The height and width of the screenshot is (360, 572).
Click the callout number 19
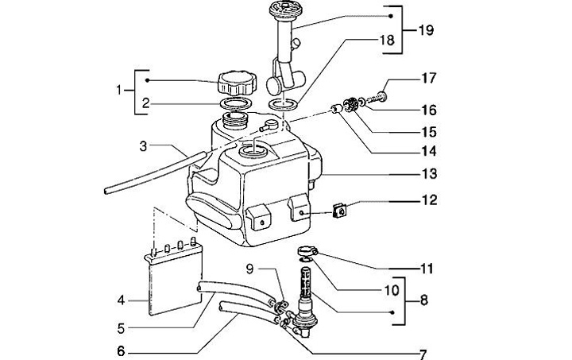point(426,30)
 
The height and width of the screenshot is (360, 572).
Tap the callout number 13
point(429,173)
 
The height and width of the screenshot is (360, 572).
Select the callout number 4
point(121,300)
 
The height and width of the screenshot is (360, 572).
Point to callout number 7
point(423,354)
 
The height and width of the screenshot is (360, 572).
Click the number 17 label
point(429,78)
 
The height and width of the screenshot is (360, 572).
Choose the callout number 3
point(143,147)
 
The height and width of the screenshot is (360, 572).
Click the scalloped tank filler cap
point(237,83)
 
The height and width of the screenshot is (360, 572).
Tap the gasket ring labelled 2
point(236,103)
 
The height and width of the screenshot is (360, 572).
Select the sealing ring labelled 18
point(283,104)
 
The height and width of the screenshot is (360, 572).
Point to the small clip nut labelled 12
point(340,211)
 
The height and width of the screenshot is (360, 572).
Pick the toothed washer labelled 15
point(350,103)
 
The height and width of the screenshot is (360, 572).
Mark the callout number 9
point(250,269)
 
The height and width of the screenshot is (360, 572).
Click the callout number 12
point(429,199)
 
